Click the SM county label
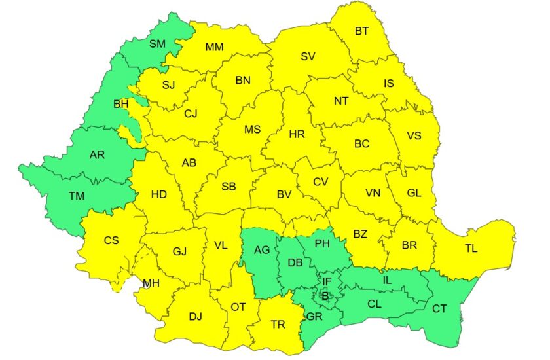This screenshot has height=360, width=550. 157,45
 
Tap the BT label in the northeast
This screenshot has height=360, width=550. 362,31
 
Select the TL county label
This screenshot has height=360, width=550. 471,249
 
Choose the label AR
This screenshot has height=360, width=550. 97,156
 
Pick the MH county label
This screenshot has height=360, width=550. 152,283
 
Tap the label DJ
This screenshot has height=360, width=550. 195,317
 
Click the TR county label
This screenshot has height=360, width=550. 278,324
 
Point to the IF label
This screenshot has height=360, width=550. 327,282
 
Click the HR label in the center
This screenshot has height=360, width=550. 297,134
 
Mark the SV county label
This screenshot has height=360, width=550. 308,56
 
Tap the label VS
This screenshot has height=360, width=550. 414,136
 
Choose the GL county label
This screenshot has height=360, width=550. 414,192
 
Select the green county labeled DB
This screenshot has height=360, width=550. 295,262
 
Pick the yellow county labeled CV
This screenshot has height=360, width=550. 320,182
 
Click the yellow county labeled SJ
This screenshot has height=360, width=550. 169,85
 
